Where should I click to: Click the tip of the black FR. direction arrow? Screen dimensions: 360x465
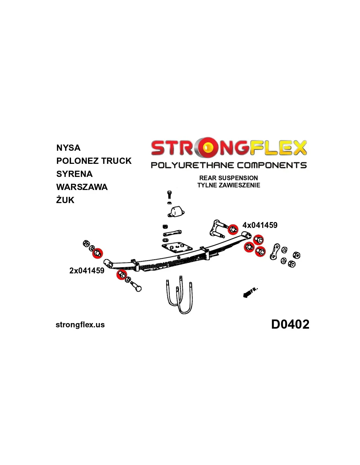click(x=243, y=296)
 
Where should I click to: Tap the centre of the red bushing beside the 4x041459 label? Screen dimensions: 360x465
click(x=233, y=230)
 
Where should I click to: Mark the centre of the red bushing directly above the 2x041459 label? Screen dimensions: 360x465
click(x=98, y=253)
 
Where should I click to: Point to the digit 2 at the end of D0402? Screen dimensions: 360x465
click(x=305, y=324)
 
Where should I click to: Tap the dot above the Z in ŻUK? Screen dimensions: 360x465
click(x=59, y=196)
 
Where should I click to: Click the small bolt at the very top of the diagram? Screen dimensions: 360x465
click(x=170, y=194)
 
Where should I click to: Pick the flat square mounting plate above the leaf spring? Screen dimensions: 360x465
click(x=177, y=247)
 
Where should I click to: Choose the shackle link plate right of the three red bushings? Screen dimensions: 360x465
click(x=275, y=251)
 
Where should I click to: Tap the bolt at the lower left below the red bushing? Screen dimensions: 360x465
click(x=135, y=286)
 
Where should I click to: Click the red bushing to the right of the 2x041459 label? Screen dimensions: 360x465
click(x=122, y=275)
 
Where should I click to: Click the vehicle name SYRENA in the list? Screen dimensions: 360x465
click(x=74, y=174)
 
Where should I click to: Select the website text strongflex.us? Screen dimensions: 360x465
click(x=80, y=325)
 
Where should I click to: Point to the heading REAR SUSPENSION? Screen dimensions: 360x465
click(x=228, y=178)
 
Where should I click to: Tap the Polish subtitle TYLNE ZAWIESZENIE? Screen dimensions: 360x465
click(x=228, y=185)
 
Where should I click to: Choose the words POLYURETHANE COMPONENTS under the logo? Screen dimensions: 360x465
click(x=229, y=165)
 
